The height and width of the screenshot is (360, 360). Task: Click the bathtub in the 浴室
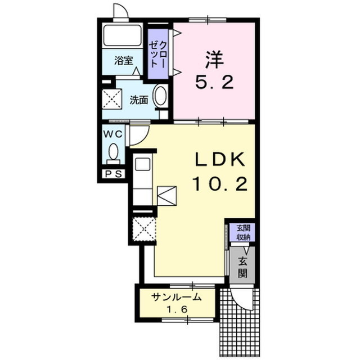click(x=123, y=35)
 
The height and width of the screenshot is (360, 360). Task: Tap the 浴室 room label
click(x=124, y=61)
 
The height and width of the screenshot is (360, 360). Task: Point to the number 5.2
click(x=214, y=83)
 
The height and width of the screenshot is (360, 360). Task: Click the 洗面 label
click(x=139, y=100)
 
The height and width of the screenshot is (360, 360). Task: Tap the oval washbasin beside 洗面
click(x=160, y=96)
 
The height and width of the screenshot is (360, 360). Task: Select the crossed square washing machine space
click(x=111, y=100)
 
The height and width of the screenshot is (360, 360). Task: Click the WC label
click(x=113, y=134)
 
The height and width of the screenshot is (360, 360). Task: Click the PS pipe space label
click(x=114, y=174)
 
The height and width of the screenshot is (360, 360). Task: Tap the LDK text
click(x=219, y=159)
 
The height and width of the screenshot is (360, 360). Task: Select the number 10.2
click(x=220, y=184)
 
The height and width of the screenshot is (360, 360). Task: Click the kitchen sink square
click(x=142, y=164)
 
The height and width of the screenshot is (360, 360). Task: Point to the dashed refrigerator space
click(x=145, y=229)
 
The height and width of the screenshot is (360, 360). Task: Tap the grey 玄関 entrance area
click(x=242, y=265)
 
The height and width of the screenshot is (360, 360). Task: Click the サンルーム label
click(x=176, y=298)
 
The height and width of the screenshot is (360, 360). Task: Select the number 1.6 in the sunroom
click(x=177, y=310)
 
